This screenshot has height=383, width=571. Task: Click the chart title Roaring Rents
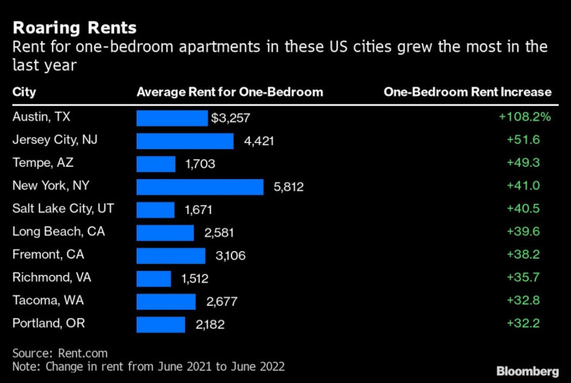point(75,28)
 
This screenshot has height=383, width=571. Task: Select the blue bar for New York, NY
point(200,187)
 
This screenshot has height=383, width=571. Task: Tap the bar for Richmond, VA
point(154,279)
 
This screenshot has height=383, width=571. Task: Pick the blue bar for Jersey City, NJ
point(185,141)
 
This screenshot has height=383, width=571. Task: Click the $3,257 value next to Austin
point(231,118)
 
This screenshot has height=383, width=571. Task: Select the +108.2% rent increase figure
point(525,117)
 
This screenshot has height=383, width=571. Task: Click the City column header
point(24,92)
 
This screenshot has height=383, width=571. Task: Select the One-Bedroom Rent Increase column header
point(468,92)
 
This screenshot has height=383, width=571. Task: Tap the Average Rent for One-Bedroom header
point(229,92)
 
